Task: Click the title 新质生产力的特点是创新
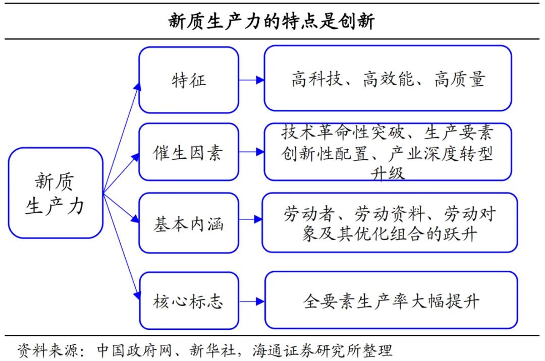coord(271,21)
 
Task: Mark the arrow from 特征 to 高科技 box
coord(252,80)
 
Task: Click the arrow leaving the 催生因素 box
coord(252,152)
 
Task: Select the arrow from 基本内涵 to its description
coord(250,219)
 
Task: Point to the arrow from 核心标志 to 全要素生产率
coord(252,302)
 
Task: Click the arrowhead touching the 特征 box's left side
coord(138,87)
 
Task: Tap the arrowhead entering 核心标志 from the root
coord(137,295)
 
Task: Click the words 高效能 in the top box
coord(388,79)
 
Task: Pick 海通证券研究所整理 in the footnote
coord(322,350)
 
